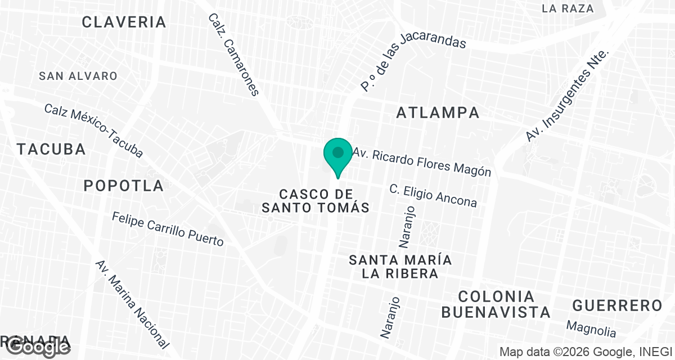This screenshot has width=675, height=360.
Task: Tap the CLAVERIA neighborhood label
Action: click(124, 22)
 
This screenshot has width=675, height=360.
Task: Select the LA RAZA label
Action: click(568, 8)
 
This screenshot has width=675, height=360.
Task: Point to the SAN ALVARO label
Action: click(78, 76)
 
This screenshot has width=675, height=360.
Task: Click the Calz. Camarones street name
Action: click(233, 55)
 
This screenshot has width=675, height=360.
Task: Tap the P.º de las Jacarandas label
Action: click(413, 63)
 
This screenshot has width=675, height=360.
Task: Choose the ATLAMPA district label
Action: click(438, 112)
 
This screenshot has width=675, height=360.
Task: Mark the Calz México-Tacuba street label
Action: click(93, 130)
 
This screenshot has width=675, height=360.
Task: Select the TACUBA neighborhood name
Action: click(51, 150)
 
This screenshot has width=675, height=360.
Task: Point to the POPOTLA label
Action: click(124, 186)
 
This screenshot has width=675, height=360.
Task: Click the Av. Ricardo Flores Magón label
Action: click(422, 162)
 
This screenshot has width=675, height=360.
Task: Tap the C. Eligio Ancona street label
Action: click(433, 195)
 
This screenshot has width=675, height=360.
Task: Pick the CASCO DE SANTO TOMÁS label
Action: click(316, 201)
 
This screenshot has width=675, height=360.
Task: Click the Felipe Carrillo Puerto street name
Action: click(168, 229)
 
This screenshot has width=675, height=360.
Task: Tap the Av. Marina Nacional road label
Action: click(132, 304)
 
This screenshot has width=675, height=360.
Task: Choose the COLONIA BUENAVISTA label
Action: click(496, 304)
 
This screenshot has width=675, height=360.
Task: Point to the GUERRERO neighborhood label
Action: click(617, 306)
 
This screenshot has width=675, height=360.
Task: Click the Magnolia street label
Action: click(591, 329)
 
